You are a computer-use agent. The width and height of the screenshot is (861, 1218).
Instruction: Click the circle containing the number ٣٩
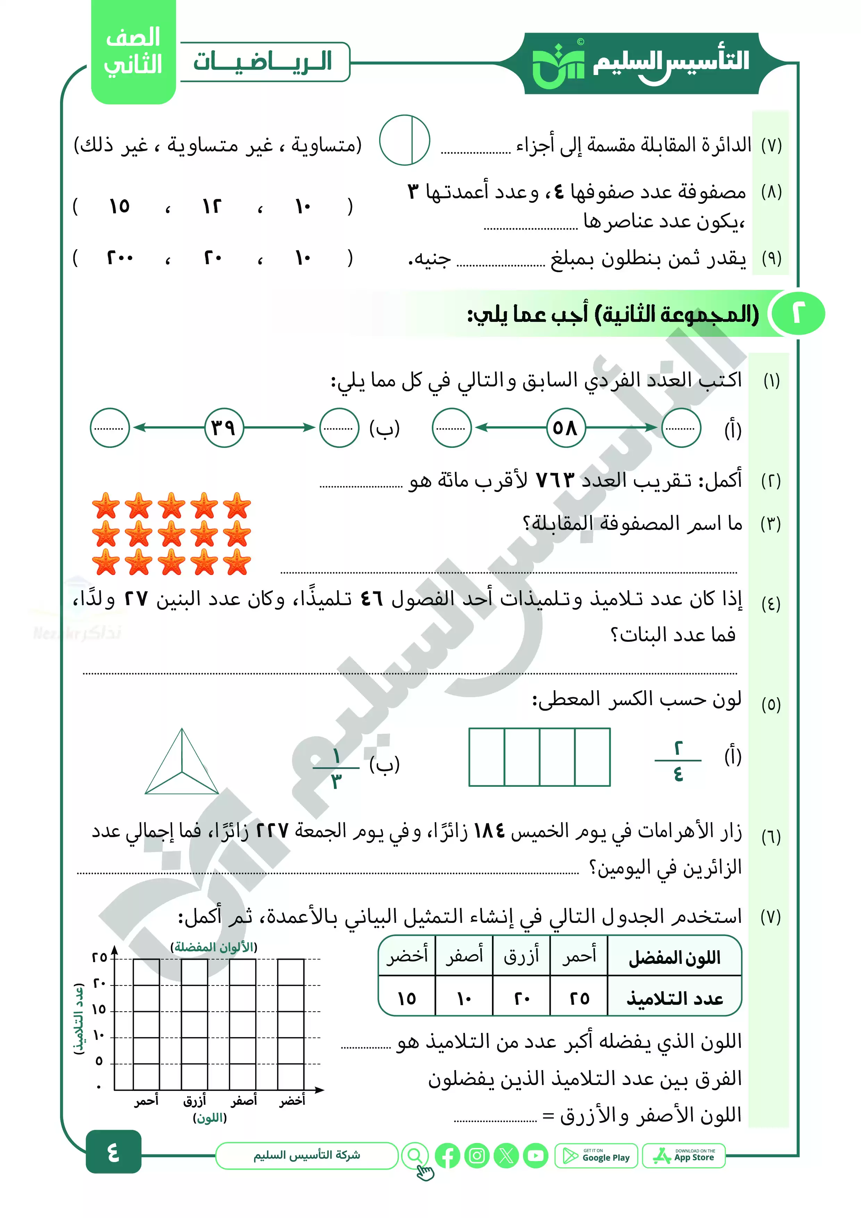pos(224,427)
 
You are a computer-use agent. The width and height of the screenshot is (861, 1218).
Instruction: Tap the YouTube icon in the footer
pos(536,1156)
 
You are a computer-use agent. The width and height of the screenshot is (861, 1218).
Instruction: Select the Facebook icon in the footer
pos(447,1156)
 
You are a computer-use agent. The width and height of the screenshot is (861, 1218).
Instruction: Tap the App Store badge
pos(684,1156)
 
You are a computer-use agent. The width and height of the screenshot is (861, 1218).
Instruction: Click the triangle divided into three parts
pos(182,764)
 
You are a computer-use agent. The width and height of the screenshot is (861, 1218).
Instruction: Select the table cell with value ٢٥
pos(579,998)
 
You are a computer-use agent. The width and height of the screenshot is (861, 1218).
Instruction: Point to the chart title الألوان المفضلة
pos(214,948)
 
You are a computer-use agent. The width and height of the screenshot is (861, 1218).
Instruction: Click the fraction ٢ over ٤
pos(678,761)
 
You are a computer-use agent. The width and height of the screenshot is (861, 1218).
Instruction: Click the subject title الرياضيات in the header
pos(262,61)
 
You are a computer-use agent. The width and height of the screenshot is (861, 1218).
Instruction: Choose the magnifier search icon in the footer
pos(415,1156)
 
